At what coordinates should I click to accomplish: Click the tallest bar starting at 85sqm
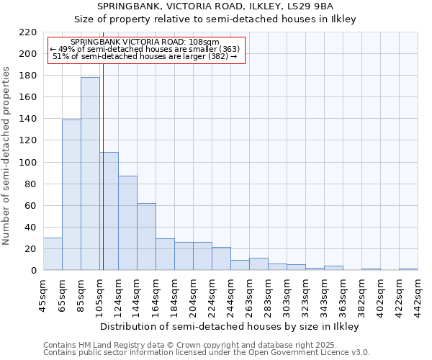coord(90,174)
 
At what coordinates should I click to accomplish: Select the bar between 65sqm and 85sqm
coord(71,194)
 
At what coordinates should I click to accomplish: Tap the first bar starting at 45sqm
coord(53,253)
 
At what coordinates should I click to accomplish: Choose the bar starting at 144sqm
coord(146,236)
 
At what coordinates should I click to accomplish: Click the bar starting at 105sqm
coord(109,211)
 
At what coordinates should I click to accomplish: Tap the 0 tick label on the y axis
coord(33,271)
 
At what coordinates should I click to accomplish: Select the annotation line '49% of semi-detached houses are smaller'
coord(145,49)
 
